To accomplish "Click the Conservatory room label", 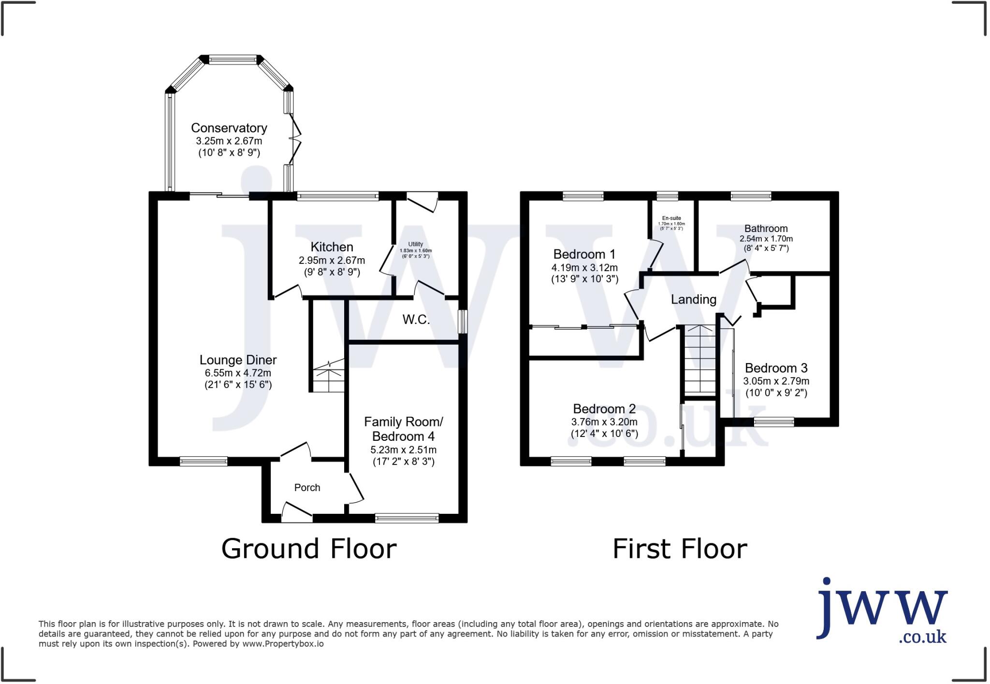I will click(229, 128).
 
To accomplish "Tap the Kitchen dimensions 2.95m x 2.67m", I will click(332, 261).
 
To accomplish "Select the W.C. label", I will click(416, 320).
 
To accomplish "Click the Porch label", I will click(307, 488).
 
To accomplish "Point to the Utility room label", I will click(415, 244).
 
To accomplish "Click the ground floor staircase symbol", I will click(329, 377).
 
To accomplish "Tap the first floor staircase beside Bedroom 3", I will click(699, 360).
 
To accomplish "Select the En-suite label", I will click(671, 218).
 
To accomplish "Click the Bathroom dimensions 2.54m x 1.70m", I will click(766, 239).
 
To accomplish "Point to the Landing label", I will click(693, 300).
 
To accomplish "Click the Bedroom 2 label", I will click(604, 409).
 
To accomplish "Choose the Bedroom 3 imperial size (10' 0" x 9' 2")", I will click(776, 393).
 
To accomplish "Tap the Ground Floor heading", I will click(308, 549).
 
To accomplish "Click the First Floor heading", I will click(679, 549).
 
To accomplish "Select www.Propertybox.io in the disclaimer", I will click(282, 644).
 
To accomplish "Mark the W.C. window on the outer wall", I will click(463, 321).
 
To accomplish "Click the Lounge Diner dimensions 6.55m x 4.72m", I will click(237, 373).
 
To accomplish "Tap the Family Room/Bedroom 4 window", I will click(407, 518).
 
